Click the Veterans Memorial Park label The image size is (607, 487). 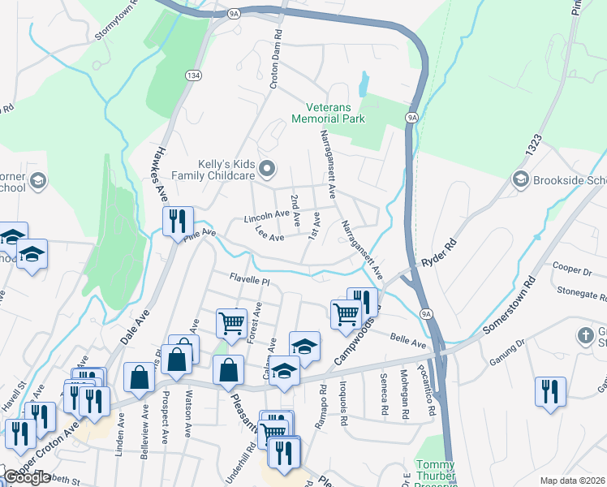[x=335, y=113]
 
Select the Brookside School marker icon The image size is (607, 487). [x=521, y=179]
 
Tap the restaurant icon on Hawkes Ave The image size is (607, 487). [x=177, y=221]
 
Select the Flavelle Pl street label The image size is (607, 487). [x=248, y=279]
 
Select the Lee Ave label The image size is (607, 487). [x=269, y=237]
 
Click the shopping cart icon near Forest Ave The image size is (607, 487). [x=231, y=322]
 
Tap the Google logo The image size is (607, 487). [x=27, y=477]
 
